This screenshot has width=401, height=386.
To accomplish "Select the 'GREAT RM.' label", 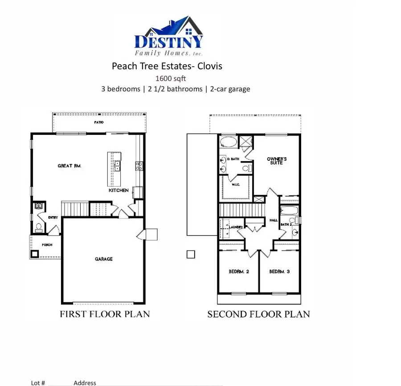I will tap(70, 166).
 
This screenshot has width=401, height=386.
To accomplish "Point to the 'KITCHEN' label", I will tap(119, 190).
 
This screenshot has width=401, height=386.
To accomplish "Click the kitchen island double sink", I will tap(117, 167).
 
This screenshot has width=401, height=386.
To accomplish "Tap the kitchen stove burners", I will tap(139, 166).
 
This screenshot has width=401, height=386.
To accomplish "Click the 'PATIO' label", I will tap(99, 121).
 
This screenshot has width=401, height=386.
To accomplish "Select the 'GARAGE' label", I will tap(103, 259).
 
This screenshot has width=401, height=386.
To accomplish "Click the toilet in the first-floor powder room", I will tap(38, 228).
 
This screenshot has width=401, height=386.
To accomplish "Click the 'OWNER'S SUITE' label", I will tap(277, 161).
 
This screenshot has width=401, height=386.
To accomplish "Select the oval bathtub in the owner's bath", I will tap(229, 142).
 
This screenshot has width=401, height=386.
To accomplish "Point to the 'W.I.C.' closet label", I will tap(235, 184).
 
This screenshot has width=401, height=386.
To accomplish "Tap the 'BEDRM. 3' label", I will tap(279, 271).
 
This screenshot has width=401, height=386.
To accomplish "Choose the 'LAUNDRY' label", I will tap(236, 227).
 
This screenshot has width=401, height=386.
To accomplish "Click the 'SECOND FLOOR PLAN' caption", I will tap(258, 314).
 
